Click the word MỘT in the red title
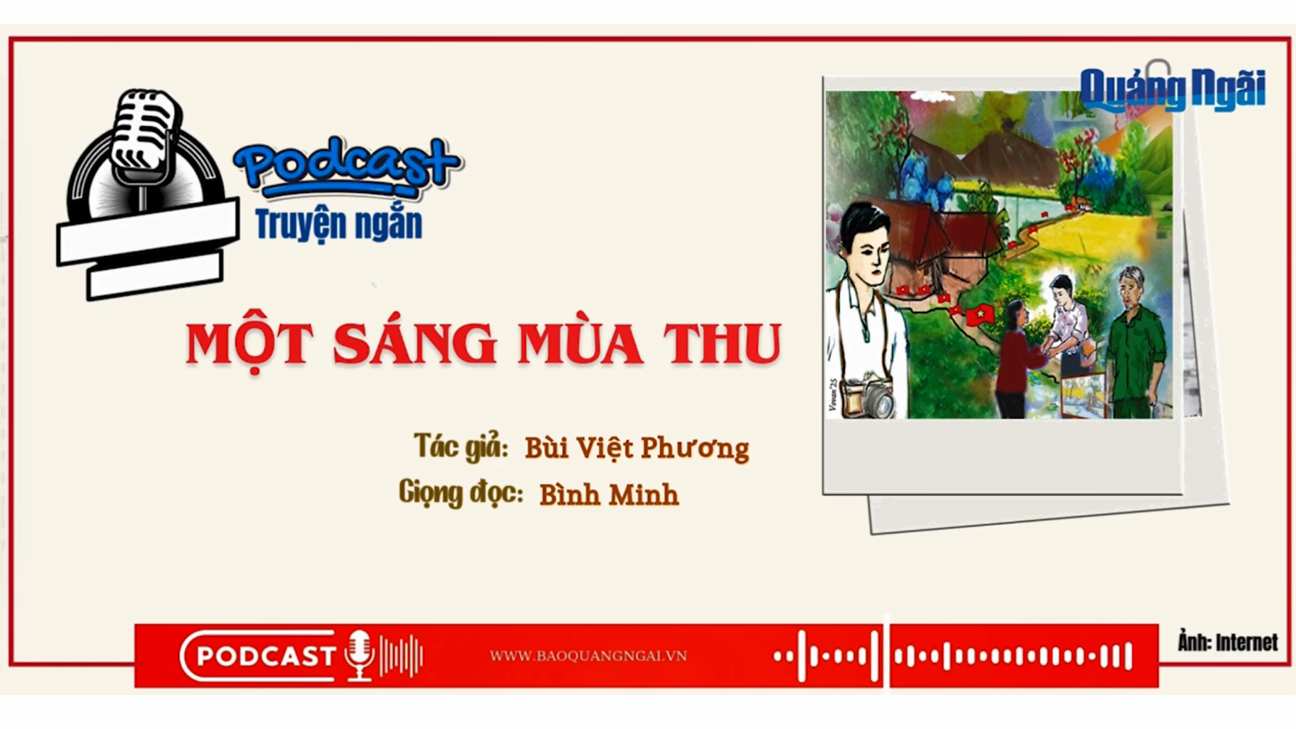(249, 344)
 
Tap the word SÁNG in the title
(415, 344)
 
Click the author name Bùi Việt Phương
(636, 448)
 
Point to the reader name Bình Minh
(608, 495)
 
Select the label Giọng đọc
(461, 493)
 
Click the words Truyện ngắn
(338, 224)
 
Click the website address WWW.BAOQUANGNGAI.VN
(587, 656)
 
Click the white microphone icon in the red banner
(359, 654)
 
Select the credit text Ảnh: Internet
(1227, 643)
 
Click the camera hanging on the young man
(872, 398)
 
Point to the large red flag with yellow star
(981, 314)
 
